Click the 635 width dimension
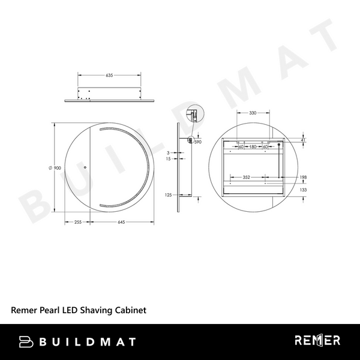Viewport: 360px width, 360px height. (109, 76)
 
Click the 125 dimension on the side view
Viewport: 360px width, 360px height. (169, 195)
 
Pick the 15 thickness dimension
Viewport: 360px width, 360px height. (169, 159)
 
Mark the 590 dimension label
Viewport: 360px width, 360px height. (197, 142)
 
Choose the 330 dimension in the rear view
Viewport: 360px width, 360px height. (253, 113)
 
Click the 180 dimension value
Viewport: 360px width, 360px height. (253, 146)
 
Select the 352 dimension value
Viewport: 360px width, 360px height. (246, 178)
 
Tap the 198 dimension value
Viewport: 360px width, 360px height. (304, 178)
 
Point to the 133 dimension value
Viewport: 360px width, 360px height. (304, 190)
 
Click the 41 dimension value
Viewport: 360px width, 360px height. (304, 140)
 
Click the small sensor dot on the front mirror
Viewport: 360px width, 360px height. (85, 167)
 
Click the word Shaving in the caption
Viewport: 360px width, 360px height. (93, 311)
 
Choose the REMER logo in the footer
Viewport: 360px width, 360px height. (317, 341)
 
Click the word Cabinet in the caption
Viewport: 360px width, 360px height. (131, 311)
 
